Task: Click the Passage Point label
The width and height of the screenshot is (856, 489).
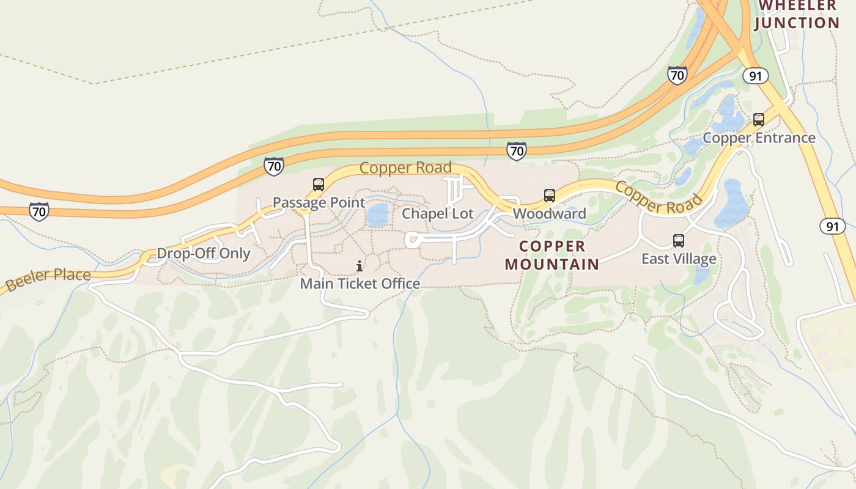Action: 319,202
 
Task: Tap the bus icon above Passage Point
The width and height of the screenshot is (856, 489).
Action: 318,185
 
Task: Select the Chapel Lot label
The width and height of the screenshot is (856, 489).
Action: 437,213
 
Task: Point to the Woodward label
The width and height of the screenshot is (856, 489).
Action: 549,213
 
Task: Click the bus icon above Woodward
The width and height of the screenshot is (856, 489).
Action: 550,196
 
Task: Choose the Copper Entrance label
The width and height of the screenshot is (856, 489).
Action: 759,138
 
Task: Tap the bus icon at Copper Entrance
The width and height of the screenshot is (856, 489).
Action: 759,120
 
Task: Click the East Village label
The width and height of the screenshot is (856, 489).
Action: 679,259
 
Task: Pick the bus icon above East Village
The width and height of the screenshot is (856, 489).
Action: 679,241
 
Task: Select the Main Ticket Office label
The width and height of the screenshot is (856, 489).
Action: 360,284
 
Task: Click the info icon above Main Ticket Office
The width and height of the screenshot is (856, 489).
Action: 360,266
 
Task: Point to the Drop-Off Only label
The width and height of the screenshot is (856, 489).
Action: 204,253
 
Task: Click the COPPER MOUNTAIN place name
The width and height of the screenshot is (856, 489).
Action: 552,255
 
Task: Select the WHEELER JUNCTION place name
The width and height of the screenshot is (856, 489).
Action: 797,15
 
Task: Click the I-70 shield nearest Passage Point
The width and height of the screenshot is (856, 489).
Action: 273,166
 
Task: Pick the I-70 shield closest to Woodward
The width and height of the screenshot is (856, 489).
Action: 517,150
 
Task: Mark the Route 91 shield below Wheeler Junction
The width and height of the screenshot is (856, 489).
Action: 756,76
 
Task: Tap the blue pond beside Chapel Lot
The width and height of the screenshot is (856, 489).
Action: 377,215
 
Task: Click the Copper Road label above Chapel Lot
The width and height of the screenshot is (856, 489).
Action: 405,167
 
